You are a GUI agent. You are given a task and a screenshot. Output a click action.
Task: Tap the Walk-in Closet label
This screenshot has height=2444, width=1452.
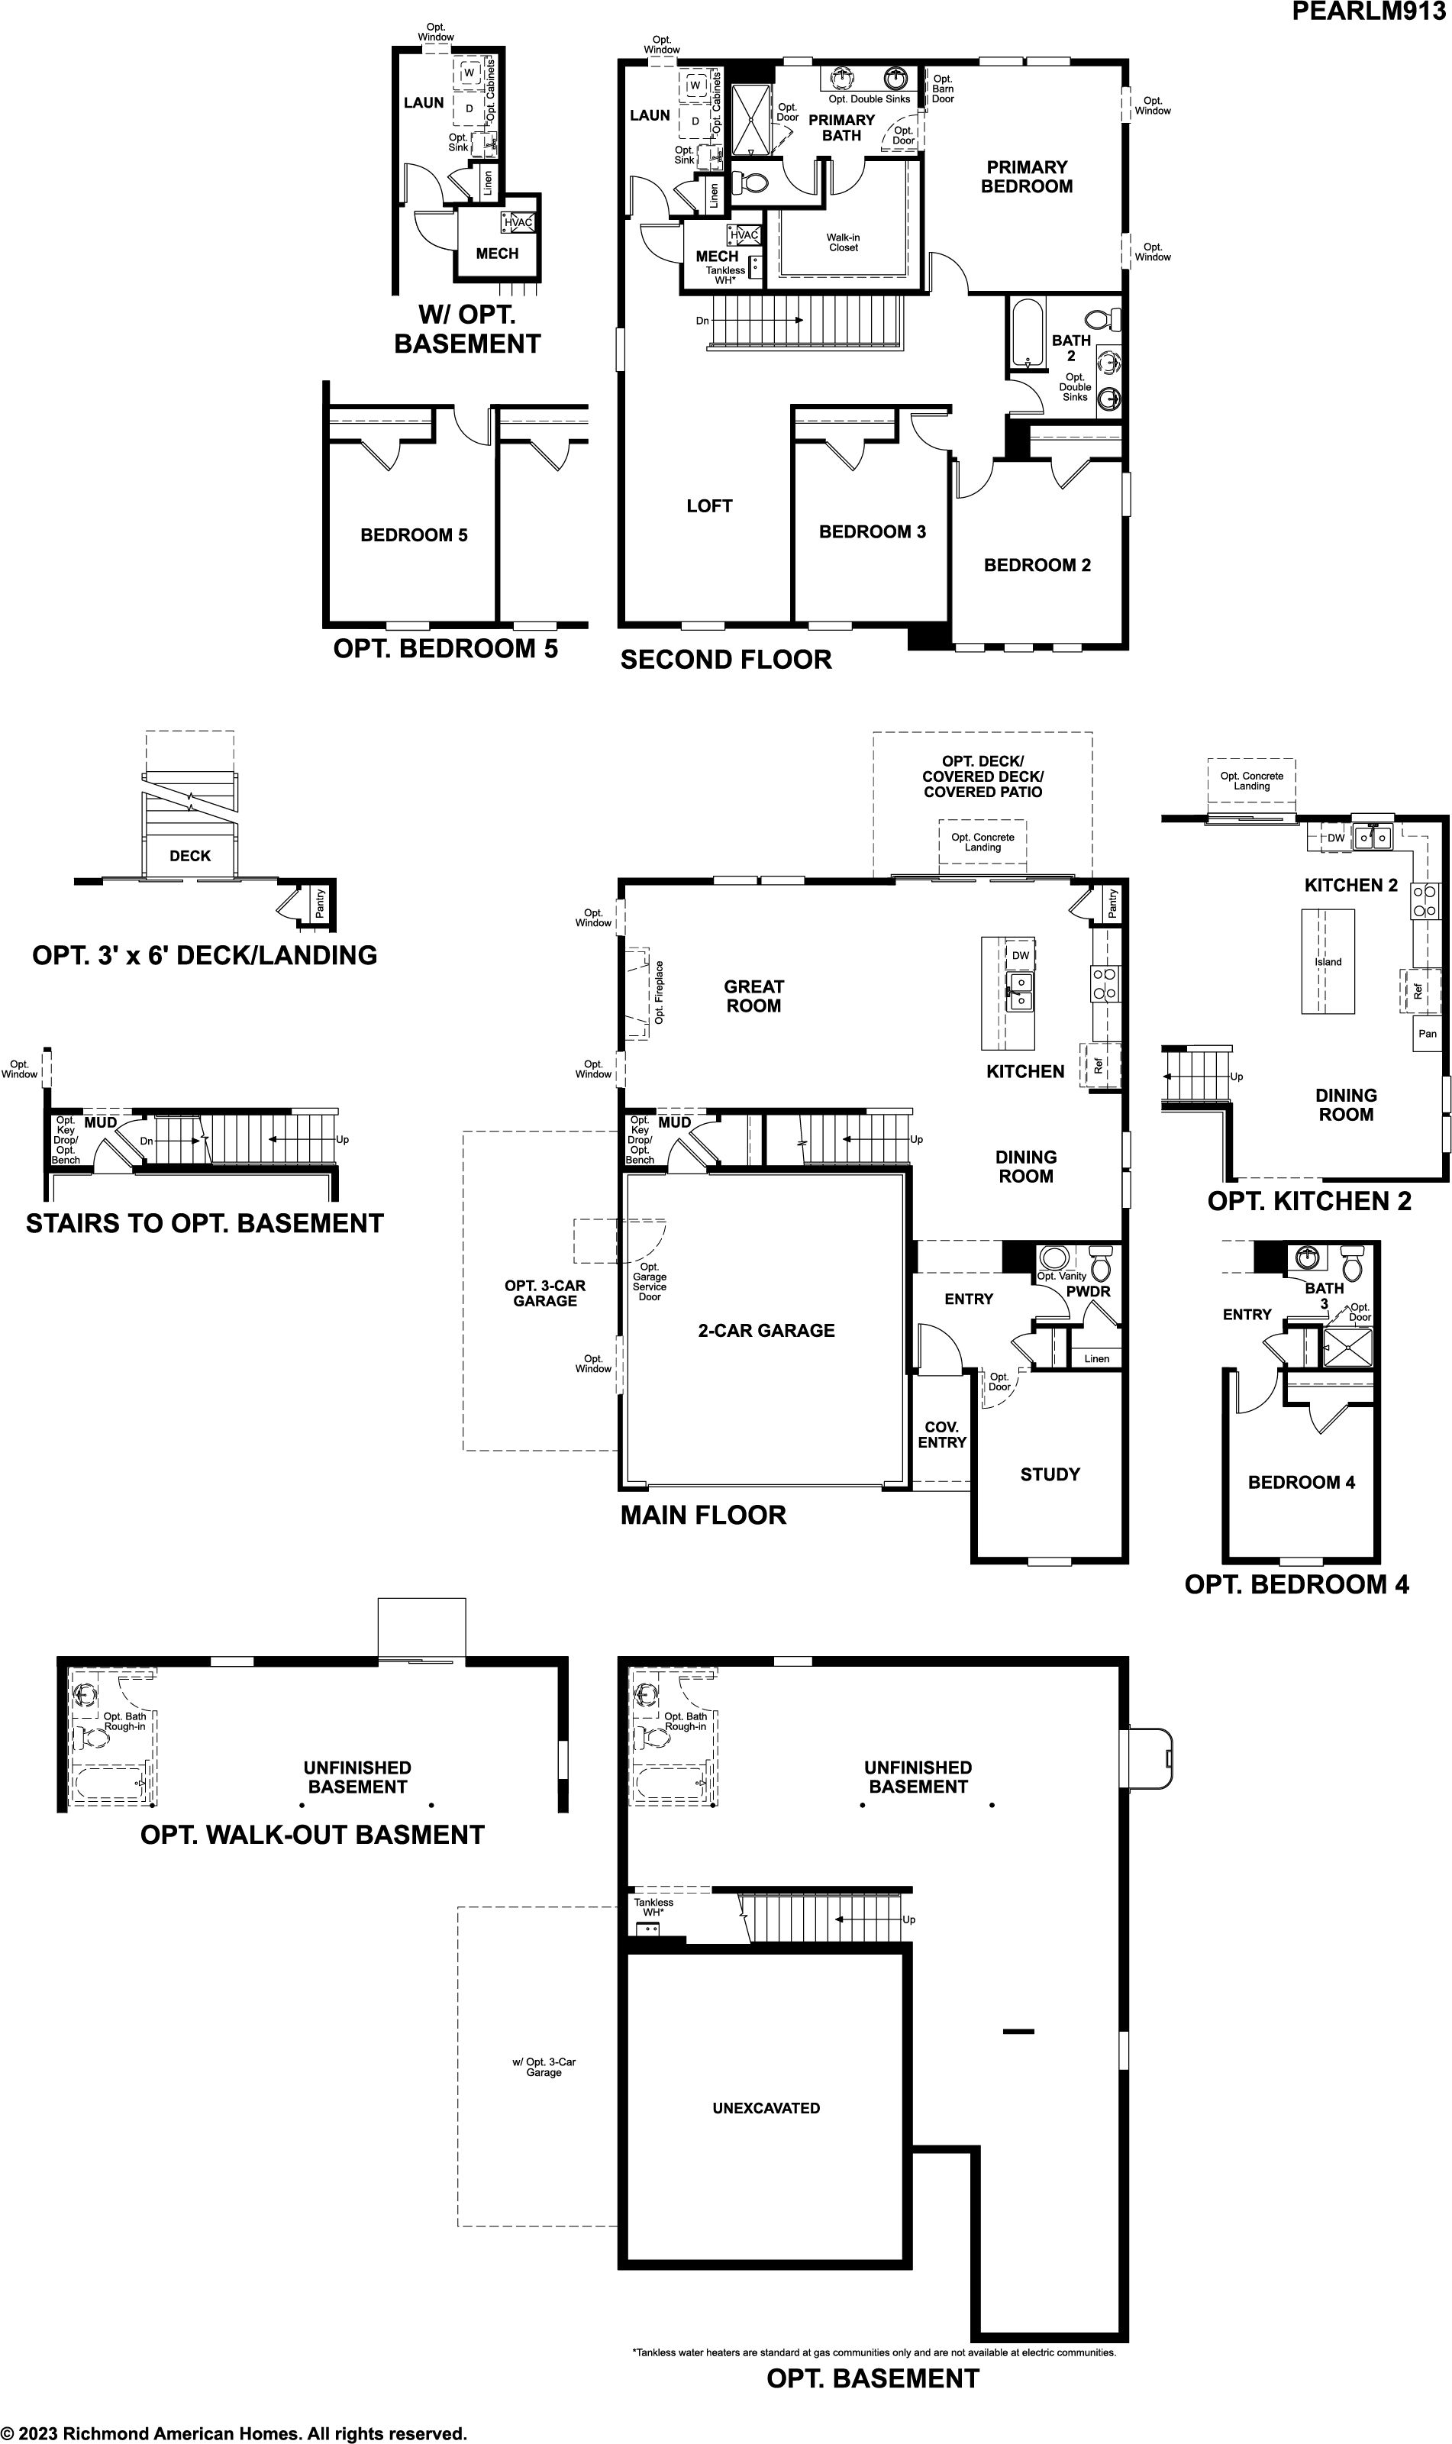[x=844, y=243]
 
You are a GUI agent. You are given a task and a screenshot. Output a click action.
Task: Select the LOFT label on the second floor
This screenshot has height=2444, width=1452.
[x=709, y=505]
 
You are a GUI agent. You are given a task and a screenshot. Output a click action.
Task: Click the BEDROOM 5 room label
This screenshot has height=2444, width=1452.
[x=414, y=535]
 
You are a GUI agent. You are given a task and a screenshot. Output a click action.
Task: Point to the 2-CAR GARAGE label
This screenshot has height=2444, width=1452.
[x=766, y=1331]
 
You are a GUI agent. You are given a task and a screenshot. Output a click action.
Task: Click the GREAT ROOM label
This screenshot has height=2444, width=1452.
[x=753, y=996]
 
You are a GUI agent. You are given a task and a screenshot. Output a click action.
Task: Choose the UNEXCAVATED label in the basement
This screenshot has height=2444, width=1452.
[x=766, y=2108]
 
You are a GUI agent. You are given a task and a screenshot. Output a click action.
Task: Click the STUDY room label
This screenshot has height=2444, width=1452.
[x=1050, y=1474]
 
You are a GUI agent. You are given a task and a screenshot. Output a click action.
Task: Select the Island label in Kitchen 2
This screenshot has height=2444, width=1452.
[x=1328, y=962]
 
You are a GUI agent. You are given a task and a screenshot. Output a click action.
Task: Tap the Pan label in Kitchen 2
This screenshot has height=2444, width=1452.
[x=1428, y=1033]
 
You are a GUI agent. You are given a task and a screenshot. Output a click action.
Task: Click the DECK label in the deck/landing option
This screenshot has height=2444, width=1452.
[x=190, y=856]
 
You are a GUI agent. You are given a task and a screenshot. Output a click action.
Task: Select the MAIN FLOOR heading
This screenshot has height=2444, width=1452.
[x=704, y=1516]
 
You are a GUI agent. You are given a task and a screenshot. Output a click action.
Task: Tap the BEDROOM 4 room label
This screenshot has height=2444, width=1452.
[x=1302, y=1482]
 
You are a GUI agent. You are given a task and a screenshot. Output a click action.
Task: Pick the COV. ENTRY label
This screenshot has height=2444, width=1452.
[x=942, y=1435]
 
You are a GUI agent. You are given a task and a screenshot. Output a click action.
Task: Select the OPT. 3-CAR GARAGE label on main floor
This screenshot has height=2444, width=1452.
[x=545, y=1293]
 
